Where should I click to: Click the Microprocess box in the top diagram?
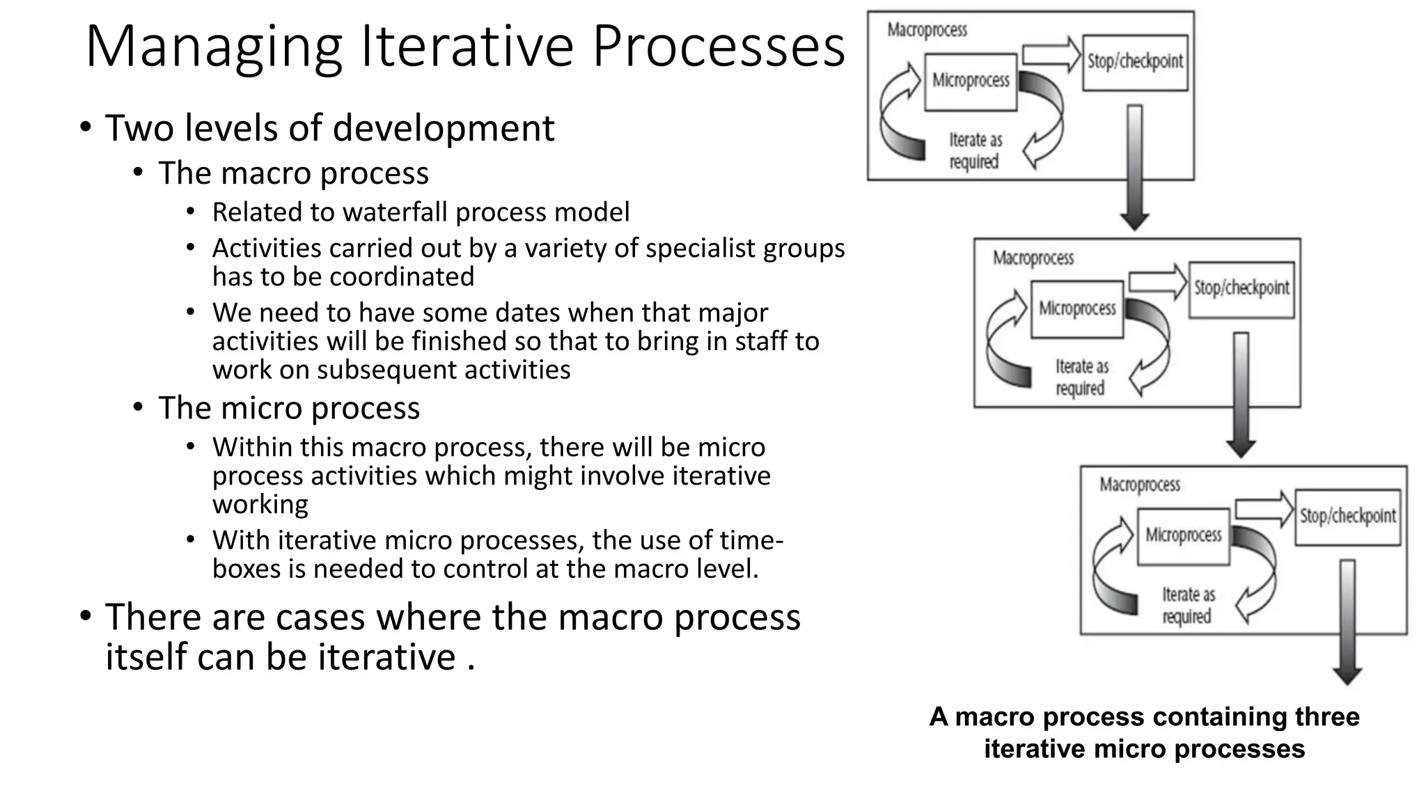(971, 81)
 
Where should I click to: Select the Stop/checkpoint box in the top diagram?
(1135, 63)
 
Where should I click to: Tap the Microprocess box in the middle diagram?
(1077, 308)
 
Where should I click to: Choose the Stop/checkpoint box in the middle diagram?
(1241, 289)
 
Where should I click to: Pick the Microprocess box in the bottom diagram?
(1184, 535)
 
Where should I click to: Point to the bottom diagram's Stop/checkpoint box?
(1348, 517)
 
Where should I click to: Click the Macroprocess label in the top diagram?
(927, 30)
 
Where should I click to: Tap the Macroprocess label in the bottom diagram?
(1140, 485)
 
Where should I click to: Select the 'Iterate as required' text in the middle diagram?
(1081, 377)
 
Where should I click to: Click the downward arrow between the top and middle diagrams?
(1135, 167)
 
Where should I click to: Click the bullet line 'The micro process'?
(289, 408)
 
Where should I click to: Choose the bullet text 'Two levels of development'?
(329, 129)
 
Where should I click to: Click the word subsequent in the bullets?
(386, 370)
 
